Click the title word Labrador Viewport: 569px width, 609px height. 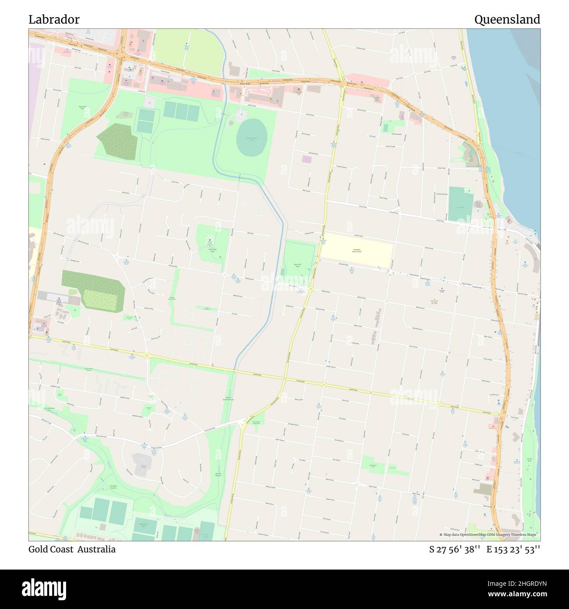[x=54, y=20]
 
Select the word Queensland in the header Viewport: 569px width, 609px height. [x=507, y=20]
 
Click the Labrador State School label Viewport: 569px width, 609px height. [x=357, y=251]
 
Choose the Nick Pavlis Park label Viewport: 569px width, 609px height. [x=213, y=250]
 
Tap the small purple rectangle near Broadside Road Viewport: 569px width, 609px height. [x=306, y=159]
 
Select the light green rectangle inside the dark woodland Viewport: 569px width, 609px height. [x=100, y=299]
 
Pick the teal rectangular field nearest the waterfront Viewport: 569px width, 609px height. [x=461, y=204]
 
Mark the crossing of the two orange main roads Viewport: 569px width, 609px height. [x=120, y=55]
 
